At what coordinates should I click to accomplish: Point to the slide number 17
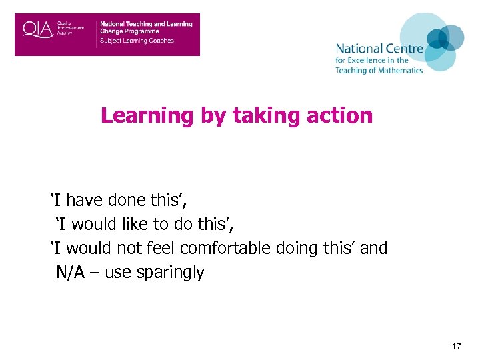pos(457,346)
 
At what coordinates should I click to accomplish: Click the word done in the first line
pos(125,200)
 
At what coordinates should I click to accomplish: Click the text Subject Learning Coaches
pos(137,41)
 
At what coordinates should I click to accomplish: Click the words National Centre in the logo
pos(379,49)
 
